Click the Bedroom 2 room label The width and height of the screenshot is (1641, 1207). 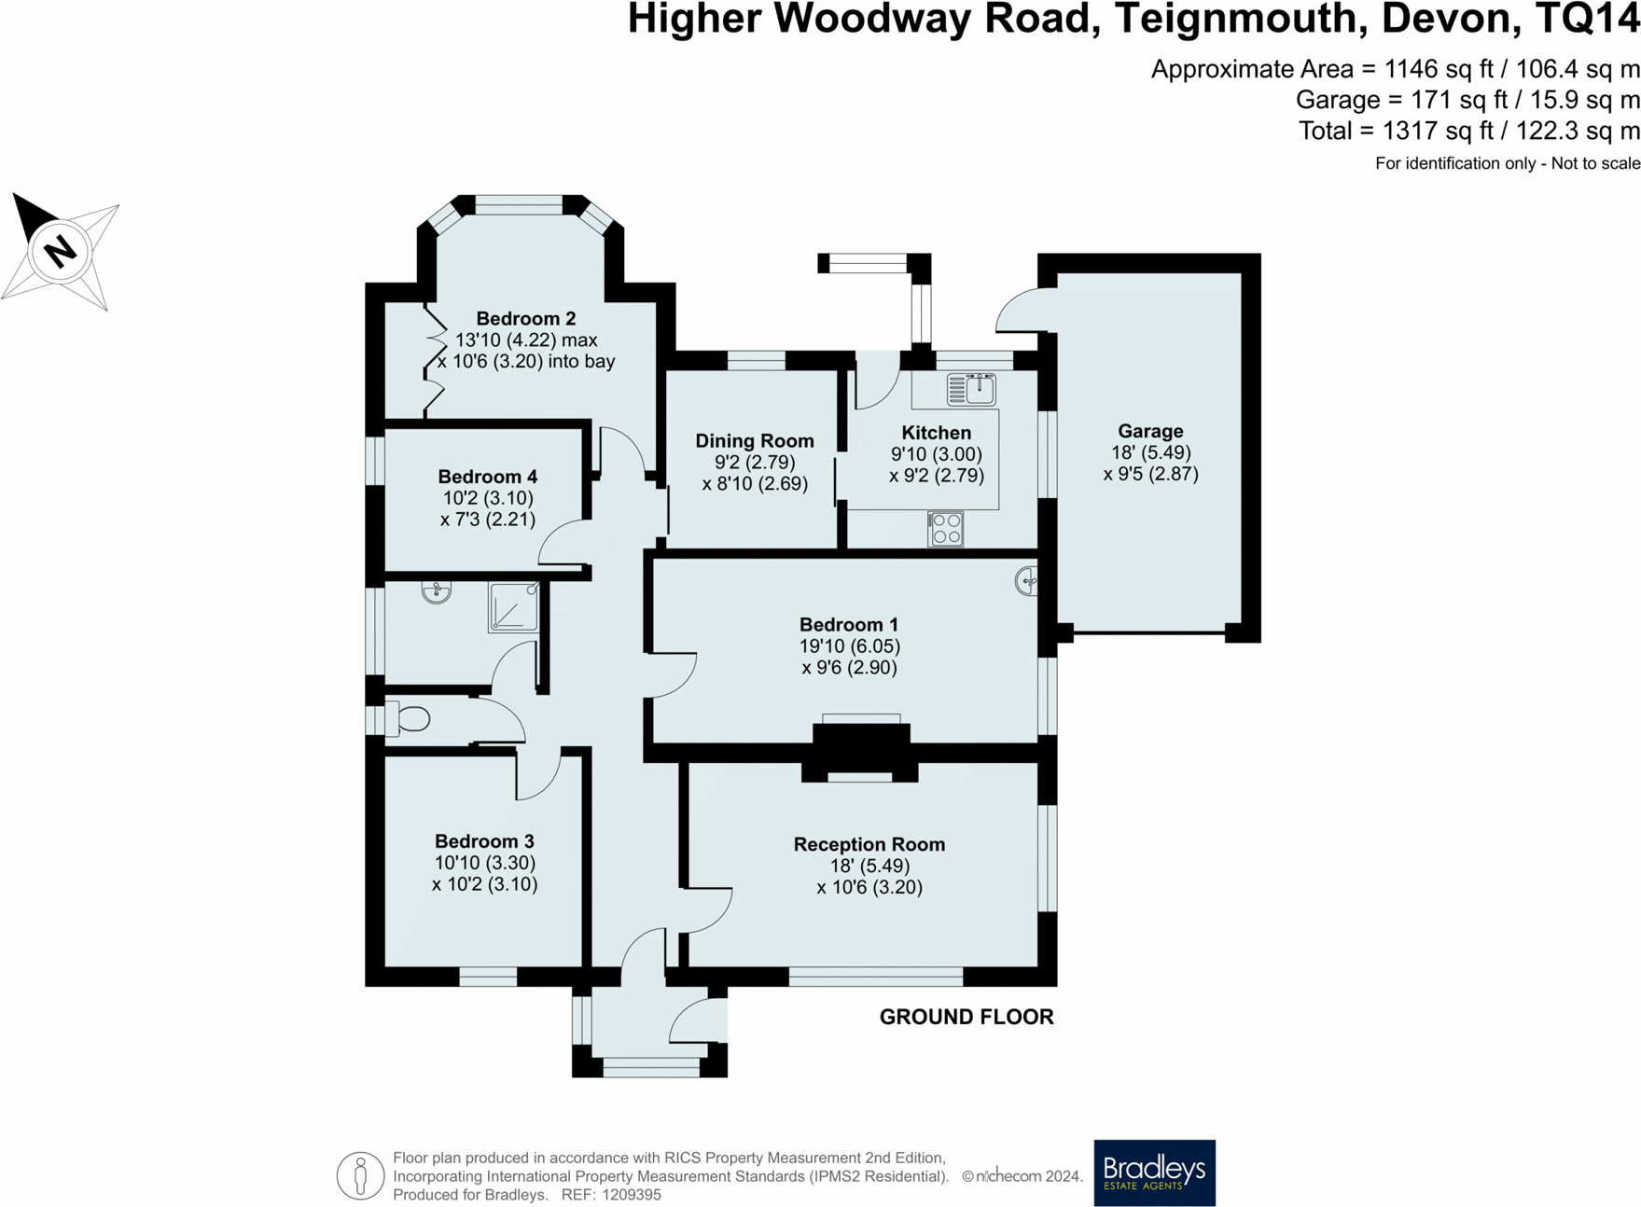526,319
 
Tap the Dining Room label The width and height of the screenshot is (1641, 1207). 755,441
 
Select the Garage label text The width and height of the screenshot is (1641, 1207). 1150,431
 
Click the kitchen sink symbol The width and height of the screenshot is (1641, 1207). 971,389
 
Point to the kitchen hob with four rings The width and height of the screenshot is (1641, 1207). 945,529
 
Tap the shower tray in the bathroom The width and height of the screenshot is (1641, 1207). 513,607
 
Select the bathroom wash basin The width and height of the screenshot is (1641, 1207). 436,591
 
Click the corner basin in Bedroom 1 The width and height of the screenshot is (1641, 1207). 1026,581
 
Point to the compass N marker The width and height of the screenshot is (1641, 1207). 61,251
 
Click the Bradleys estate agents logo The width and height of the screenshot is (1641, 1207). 1154,1172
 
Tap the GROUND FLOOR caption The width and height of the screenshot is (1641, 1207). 967,1017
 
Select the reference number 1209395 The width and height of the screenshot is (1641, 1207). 631,1195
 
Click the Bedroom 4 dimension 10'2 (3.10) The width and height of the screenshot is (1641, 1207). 486,498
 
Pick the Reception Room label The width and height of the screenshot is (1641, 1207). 869,844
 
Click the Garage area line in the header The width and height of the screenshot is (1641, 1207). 1467,100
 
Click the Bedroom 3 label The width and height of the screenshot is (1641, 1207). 484,841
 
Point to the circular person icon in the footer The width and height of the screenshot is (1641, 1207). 360,1175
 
